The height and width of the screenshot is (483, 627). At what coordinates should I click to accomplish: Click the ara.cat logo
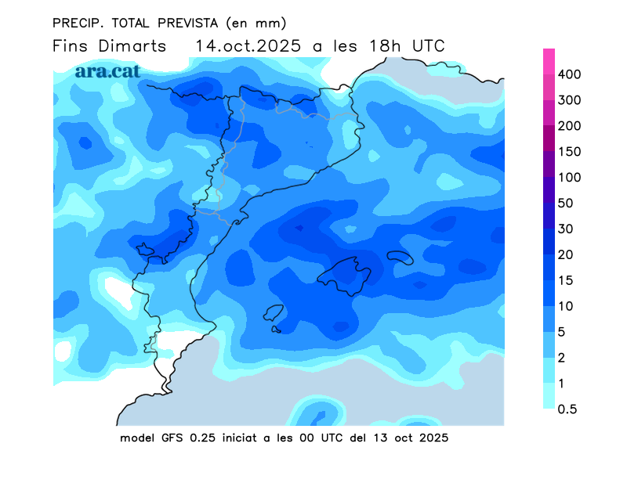point(108,70)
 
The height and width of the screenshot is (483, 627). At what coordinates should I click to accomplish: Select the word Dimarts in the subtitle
point(132,46)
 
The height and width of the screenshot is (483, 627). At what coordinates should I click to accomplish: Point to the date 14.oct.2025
point(248,46)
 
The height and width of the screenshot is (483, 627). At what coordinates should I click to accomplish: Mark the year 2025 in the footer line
point(433,438)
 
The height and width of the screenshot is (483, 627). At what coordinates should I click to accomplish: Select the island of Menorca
point(400,258)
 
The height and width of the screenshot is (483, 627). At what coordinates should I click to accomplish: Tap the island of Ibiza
point(274,313)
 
